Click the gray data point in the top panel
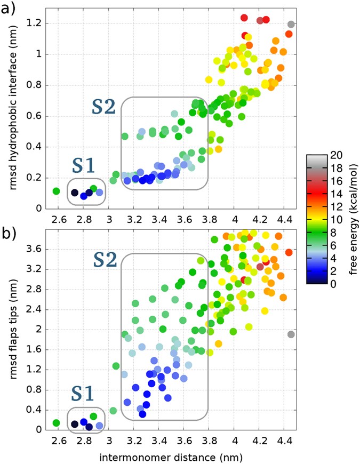[x=291, y=24]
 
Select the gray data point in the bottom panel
[x=291, y=334]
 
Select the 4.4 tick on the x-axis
[x=285, y=442]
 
